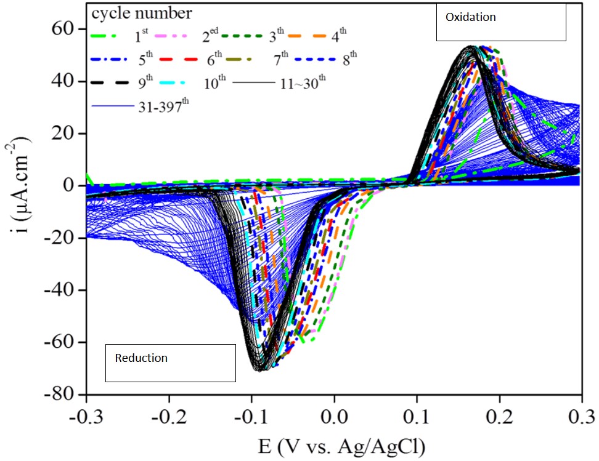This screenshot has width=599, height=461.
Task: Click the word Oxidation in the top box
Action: tap(470, 17)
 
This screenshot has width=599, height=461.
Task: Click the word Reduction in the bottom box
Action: tap(141, 358)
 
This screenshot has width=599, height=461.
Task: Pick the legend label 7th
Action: tap(280, 59)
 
